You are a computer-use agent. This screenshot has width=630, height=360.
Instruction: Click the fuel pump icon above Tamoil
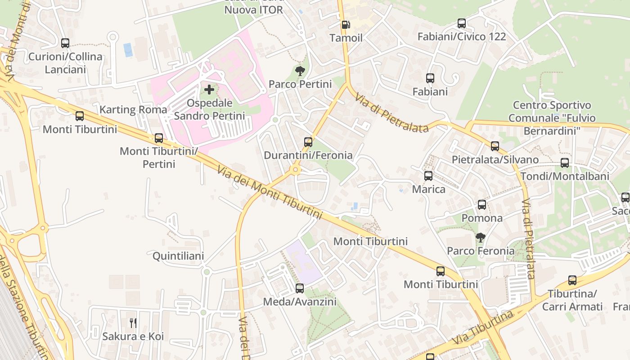pyautogui.click(x=346, y=25)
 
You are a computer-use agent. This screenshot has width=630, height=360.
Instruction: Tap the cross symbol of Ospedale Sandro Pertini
pyautogui.click(x=209, y=90)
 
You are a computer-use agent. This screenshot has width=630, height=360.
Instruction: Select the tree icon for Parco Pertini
pyautogui.click(x=300, y=71)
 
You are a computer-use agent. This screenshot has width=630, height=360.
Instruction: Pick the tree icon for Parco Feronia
pyautogui.click(x=481, y=237)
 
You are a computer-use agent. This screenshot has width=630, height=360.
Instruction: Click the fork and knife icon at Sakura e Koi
pyautogui.click(x=133, y=323)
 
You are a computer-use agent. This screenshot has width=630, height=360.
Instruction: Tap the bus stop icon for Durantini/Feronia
pyautogui.click(x=308, y=142)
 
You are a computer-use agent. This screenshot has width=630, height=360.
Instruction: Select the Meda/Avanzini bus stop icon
pyautogui.click(x=300, y=288)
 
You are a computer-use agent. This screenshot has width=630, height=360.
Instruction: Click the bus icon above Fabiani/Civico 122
pyautogui.click(x=462, y=23)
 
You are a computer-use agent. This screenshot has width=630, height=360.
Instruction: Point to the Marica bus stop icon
pyautogui.click(x=428, y=176)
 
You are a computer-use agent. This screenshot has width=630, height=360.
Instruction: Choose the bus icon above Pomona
pyautogui.click(x=482, y=205)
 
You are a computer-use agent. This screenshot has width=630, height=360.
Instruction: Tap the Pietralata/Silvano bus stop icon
pyautogui.click(x=495, y=146)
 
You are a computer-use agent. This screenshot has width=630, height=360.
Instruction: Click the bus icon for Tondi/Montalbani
pyautogui.click(x=565, y=163)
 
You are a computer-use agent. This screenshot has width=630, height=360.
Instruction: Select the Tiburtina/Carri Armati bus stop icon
pyautogui.click(x=572, y=280)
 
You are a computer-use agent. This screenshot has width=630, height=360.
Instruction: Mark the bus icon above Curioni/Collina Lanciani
pyautogui.click(x=65, y=43)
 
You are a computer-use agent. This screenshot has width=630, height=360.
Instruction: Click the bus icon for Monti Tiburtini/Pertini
pyautogui.click(x=159, y=138)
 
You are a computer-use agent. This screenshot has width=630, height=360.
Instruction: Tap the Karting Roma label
pyautogui.click(x=133, y=110)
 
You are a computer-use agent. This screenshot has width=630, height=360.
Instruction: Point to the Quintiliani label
pyautogui.click(x=178, y=256)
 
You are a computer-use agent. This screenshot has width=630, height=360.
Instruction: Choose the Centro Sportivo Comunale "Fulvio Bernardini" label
pyautogui.click(x=552, y=118)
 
